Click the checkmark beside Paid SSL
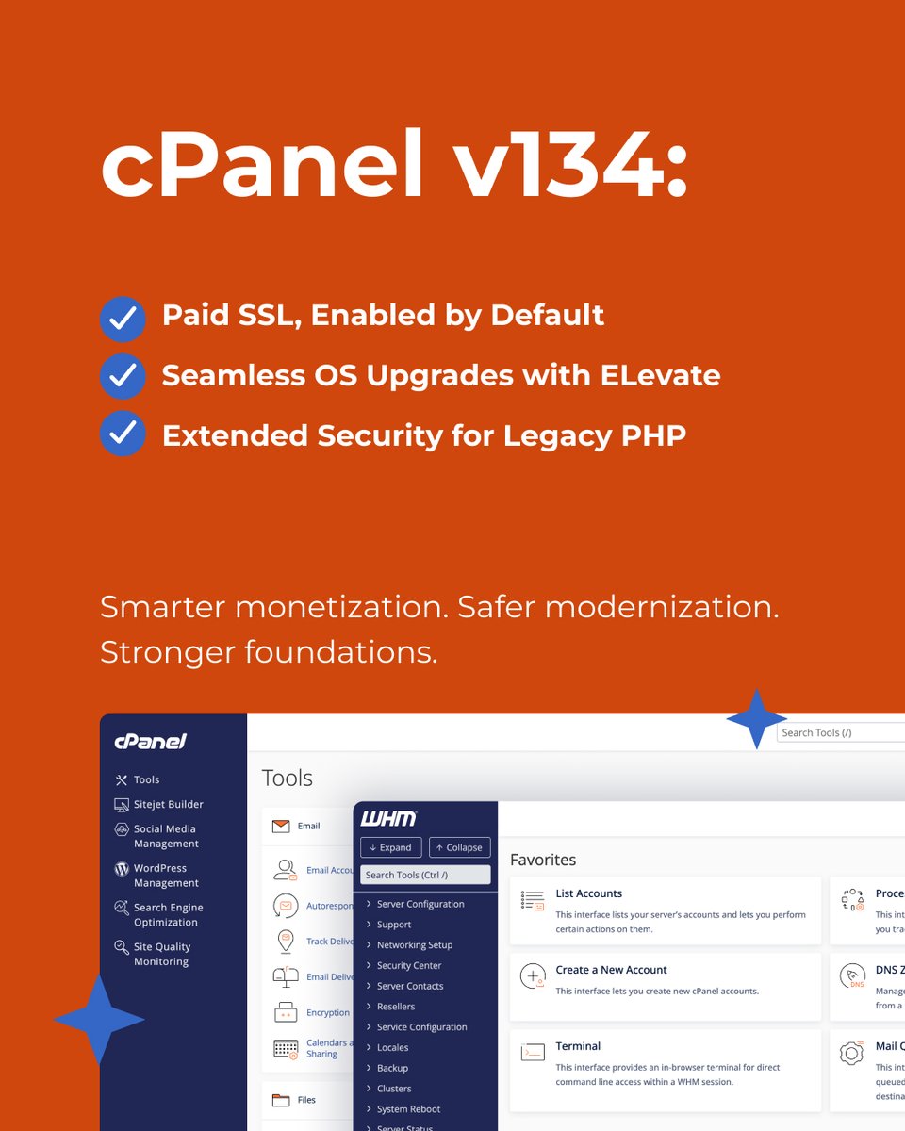tap(123, 319)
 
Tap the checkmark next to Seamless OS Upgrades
tap(123, 377)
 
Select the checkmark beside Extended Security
tap(123, 435)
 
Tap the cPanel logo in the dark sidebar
tap(150, 742)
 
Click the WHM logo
tap(388, 818)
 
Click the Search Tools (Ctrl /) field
tap(425, 875)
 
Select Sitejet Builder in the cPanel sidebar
tap(168, 804)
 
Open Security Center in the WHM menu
tap(409, 965)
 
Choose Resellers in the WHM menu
tap(396, 1007)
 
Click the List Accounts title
tap(589, 893)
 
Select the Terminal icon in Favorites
tap(533, 1053)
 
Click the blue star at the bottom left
tap(99, 1020)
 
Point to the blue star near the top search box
tap(756, 719)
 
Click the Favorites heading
tap(543, 860)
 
